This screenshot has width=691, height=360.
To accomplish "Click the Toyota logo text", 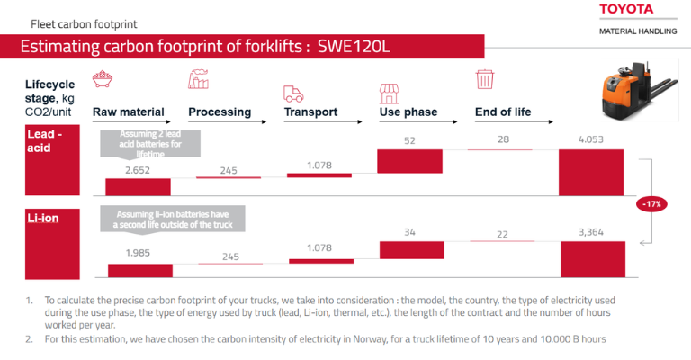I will point(638,10).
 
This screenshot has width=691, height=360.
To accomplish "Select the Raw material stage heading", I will point(129,112).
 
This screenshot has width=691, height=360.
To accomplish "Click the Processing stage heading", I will point(220,112).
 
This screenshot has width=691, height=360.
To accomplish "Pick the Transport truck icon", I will point(293,93).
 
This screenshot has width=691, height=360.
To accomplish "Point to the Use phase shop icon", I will point(389,93).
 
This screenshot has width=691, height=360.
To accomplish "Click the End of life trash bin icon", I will point(485,81).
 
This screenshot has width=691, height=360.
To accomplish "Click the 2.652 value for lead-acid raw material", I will point(137,169).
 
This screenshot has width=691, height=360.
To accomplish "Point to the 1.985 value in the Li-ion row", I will point(139,254).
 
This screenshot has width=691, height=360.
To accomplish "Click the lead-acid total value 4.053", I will point(591,139).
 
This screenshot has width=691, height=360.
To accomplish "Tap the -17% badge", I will point(652,204).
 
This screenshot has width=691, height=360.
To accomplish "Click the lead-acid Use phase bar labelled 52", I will point(409,161).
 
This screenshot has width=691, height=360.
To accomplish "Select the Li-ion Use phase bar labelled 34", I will point(409,250).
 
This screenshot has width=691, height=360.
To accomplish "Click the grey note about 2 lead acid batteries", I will point(151,142).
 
